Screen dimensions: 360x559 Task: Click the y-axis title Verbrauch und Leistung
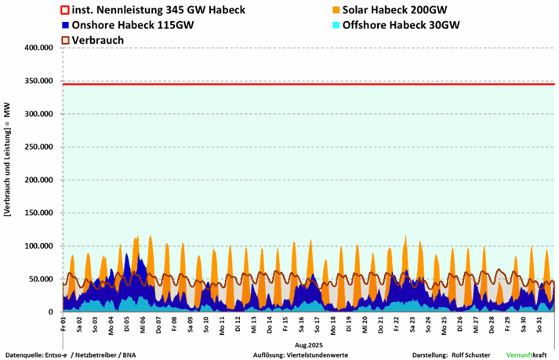click(x=8, y=180)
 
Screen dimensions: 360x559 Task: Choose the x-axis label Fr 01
click(x=64, y=322)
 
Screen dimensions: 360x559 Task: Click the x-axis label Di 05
click(x=127, y=322)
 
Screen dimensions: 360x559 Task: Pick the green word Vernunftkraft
click(x=527, y=355)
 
